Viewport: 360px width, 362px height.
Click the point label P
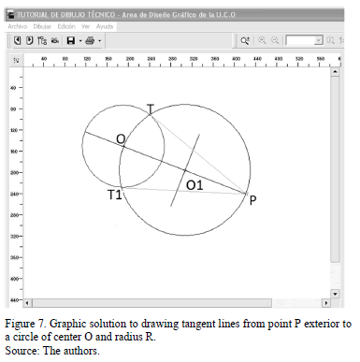pos(252,200)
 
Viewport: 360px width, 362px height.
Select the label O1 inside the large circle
pos(194,185)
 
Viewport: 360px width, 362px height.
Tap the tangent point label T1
pos(114,195)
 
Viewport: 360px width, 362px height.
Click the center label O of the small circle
pos(121,139)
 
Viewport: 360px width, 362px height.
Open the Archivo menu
pos(17,27)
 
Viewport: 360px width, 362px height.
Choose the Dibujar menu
pos(42,27)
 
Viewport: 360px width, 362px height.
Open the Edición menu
pos(66,27)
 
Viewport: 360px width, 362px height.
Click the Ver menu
pos(87,27)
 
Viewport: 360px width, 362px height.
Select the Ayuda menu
pos(105,27)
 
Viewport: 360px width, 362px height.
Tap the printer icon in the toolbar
pos(90,41)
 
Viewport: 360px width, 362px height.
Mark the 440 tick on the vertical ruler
pos(13,299)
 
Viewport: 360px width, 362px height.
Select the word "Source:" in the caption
pos(22,351)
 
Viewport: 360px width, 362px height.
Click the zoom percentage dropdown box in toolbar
pos(304,41)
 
